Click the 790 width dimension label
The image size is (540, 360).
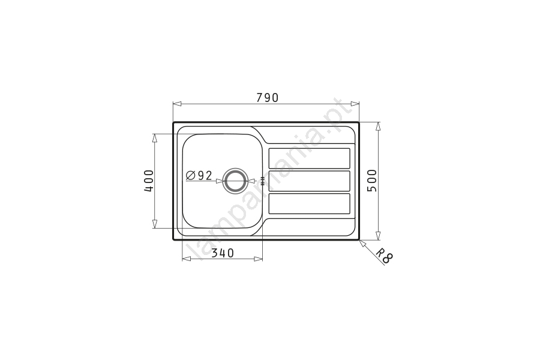pyautogui.click(x=267, y=98)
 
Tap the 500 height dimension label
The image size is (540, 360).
pyautogui.click(x=372, y=181)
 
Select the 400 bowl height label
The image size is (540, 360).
pyautogui.click(x=149, y=181)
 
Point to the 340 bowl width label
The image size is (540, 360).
pyautogui.click(x=223, y=253)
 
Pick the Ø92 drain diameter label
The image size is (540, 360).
pyautogui.click(x=199, y=176)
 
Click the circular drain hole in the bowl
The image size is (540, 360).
pyautogui.click(x=235, y=181)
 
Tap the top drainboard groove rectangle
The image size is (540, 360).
pyautogui.click(x=309, y=158)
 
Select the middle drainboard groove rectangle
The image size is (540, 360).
pyautogui.click(x=309, y=181)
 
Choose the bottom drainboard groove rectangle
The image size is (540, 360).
pyautogui.click(x=309, y=203)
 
